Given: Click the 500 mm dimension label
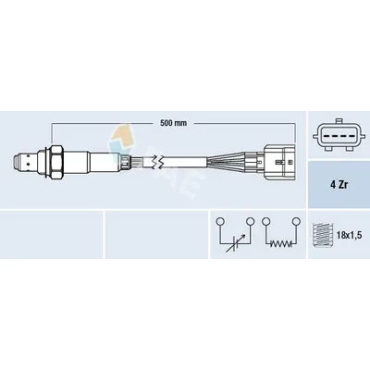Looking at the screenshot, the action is pyautogui.click(x=173, y=123).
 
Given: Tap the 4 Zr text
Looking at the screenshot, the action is pyautogui.click(x=339, y=186).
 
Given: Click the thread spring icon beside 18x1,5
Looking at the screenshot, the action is pyautogui.click(x=323, y=236).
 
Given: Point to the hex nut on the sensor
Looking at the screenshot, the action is pyautogui.click(x=56, y=162).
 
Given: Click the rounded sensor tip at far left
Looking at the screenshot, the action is pyautogui.click(x=18, y=163).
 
